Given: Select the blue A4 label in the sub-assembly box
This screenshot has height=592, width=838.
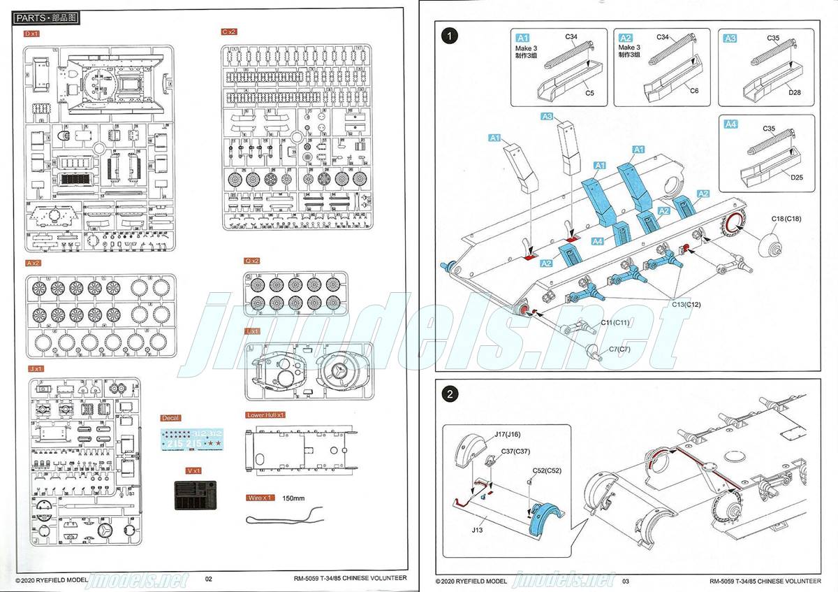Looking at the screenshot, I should coord(730,124).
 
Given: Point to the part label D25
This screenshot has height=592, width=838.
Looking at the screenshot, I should coord(797,177).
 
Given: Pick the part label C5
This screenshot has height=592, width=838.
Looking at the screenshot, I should coord(589,93).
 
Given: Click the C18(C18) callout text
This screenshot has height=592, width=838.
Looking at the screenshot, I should coord(786,219).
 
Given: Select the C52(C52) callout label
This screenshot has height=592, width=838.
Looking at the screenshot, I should coord(547,470).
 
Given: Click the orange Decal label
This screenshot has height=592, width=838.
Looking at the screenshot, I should coord(170,418).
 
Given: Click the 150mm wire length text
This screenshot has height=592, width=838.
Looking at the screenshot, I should coord(294,498).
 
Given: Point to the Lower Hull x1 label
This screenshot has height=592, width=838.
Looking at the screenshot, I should coord(266,415).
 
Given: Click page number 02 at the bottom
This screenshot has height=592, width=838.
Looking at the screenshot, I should coord(208,579).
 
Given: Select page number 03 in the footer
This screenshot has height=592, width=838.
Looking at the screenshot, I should coord(626,581).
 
